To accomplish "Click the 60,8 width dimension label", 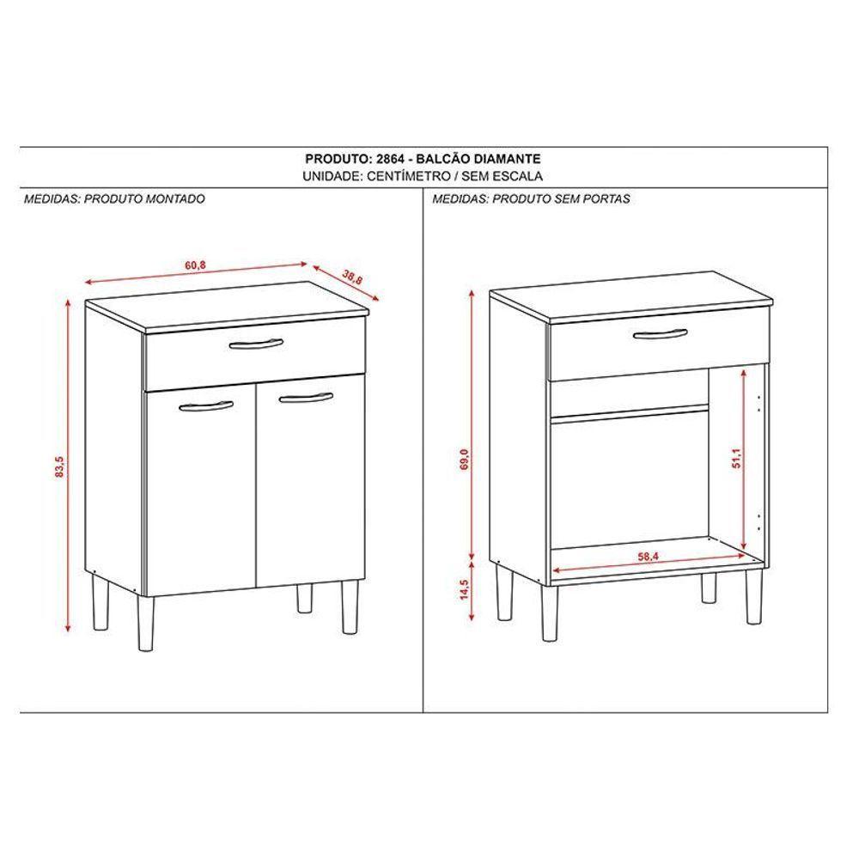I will (196, 265).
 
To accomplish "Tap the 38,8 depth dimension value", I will (351, 277).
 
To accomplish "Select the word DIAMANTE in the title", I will (508, 159).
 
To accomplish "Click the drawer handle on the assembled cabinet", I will (256, 344).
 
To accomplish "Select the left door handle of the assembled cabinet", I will (207, 405).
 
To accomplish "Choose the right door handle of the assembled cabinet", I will (305, 396).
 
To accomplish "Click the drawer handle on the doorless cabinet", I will (660, 333).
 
